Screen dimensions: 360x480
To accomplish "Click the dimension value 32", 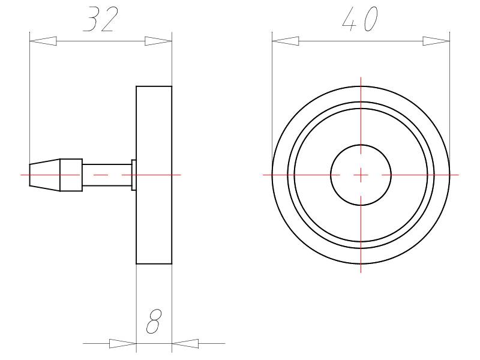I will click(100, 21).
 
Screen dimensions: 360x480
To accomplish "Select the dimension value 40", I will click(359, 21).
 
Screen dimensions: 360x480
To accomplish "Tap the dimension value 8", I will click(154, 323).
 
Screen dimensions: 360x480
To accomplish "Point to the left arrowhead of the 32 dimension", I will click(43, 41).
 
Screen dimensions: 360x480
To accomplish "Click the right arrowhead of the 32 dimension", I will click(158, 41).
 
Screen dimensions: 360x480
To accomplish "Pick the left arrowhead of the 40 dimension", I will click(286, 41).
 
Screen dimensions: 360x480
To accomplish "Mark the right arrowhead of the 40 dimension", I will click(436, 41).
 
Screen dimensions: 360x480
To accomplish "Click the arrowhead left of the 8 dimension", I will click(122, 344).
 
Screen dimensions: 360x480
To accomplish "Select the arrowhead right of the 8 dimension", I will click(185, 344).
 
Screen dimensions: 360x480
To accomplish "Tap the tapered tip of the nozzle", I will click(45, 175).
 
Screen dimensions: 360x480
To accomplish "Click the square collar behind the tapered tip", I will click(71, 175).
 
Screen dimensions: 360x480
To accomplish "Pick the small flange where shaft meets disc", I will click(134, 175).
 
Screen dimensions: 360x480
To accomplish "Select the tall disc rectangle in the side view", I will click(154, 228).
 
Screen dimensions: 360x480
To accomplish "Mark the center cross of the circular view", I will click(361, 175).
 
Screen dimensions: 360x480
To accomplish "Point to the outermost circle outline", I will click(361, 86).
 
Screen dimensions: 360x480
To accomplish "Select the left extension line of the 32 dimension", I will click(29, 96).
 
